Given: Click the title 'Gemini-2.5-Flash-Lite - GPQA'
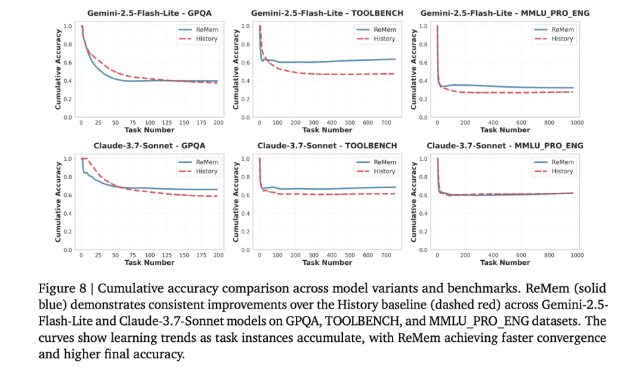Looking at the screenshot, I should click(150, 13).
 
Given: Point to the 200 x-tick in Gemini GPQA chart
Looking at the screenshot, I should click(218, 123).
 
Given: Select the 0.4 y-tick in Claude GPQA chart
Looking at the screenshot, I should click(68, 213).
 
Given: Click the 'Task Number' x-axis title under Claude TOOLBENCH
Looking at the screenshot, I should click(328, 263).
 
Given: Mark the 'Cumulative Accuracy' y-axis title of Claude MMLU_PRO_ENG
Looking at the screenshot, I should click(413, 204).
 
